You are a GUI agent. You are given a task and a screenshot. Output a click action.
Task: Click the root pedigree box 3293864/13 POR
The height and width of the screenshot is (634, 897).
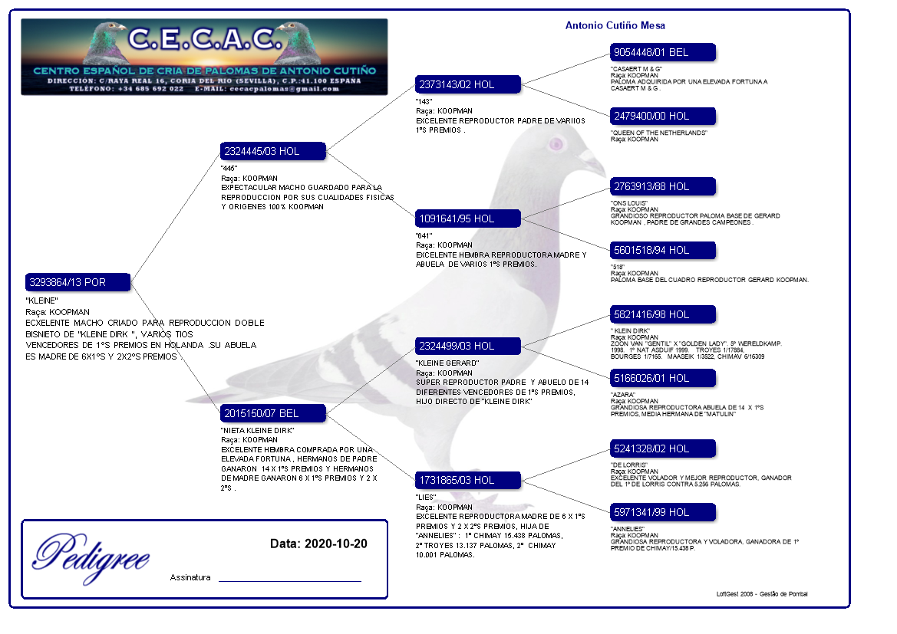[77, 282]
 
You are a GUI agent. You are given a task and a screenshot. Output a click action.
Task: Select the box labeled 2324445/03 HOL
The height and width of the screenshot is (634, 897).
[273, 151]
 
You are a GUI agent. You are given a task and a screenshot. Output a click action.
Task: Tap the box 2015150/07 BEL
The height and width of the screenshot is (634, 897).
[273, 413]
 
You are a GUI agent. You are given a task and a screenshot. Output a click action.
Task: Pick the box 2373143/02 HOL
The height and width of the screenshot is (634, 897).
[468, 84]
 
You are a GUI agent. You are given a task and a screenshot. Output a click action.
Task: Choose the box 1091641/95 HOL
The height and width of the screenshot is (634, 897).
[468, 218]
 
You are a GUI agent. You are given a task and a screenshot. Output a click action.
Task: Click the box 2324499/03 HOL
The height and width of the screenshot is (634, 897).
[468, 346]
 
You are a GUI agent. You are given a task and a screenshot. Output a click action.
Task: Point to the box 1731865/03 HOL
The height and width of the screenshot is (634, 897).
[468, 480]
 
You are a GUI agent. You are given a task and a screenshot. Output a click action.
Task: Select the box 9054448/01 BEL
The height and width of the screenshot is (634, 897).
[663, 52]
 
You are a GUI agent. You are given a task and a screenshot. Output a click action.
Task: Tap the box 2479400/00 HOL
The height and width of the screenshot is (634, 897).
[663, 116]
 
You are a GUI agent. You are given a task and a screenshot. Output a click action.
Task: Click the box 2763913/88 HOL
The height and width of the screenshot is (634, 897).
[663, 186]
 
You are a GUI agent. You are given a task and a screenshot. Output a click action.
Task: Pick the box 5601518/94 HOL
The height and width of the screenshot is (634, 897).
[663, 250]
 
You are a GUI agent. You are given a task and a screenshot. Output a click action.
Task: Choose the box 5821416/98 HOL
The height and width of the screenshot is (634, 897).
[663, 314]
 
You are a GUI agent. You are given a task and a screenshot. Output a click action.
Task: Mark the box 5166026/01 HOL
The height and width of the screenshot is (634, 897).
[663, 378]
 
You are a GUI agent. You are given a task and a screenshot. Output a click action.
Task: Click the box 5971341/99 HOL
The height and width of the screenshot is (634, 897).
[663, 512]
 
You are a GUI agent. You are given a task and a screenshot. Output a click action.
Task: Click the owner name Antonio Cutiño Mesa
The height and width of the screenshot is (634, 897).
[615, 25]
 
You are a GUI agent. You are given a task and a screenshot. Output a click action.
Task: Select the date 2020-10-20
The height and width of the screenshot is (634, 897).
[335, 544]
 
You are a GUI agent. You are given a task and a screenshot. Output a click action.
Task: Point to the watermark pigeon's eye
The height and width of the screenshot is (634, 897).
[556, 143]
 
